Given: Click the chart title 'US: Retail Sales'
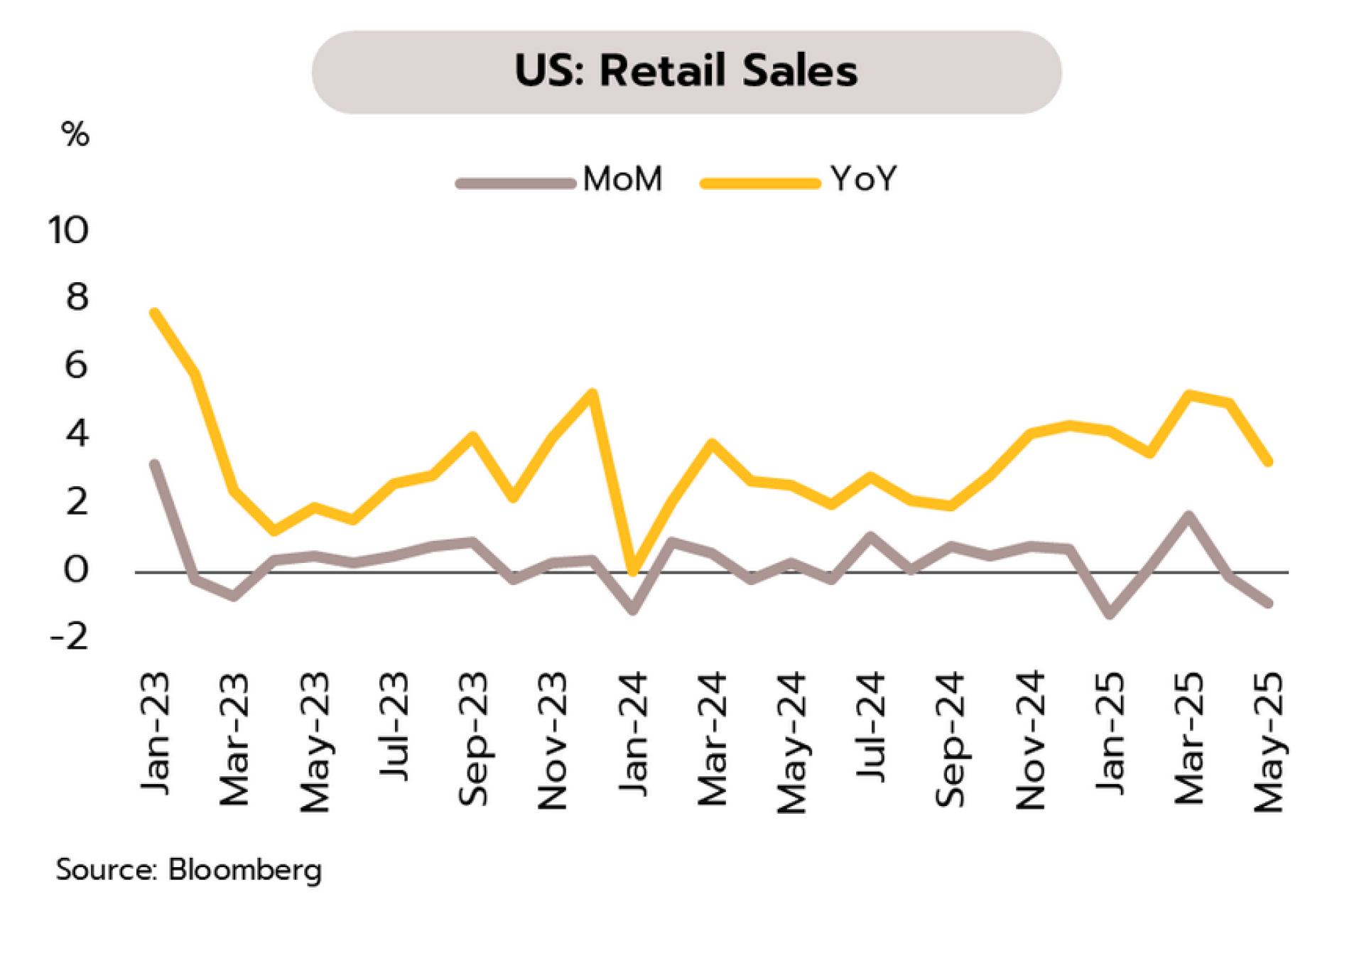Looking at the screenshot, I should coord(686,71).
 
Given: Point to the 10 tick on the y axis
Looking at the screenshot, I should coord(68,230).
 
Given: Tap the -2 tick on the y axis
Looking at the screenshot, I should coord(70,636).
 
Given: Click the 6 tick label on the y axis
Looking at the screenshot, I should coord(76,365).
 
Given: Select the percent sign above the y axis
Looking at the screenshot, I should coord(75,134).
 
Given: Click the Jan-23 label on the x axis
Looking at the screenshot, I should coord(155,732).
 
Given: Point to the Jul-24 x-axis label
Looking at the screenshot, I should coord(871,726).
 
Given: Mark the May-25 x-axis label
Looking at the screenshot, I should coord(1269,741).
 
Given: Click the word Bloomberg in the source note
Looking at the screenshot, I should coord(244,869).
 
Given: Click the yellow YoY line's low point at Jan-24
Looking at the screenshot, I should coord(632,570).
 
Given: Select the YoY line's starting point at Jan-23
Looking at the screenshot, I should coord(155,313).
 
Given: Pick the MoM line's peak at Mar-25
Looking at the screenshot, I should coord(1189,515).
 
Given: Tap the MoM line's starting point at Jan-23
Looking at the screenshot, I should coord(155,464).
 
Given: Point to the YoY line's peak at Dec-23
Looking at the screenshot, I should coord(592,392).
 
